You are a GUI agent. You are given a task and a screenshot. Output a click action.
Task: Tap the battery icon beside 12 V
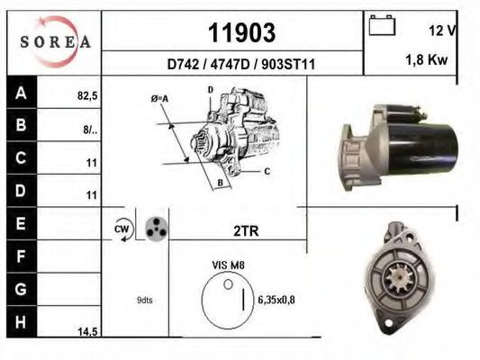click(383, 26)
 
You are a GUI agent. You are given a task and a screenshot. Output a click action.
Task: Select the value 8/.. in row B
click(89, 128)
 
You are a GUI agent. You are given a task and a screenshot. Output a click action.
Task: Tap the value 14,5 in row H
click(86, 331)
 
